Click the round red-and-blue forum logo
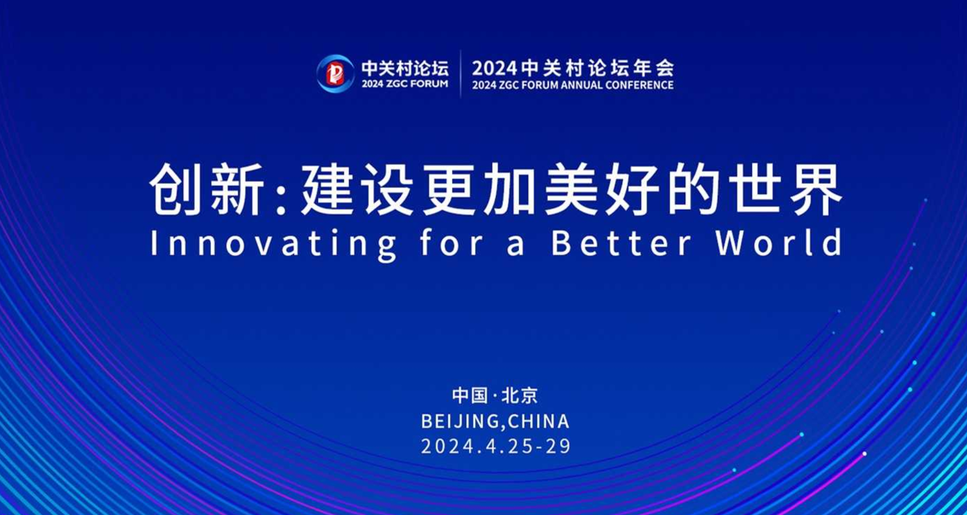click(x=336, y=73)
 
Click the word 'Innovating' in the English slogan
click(x=273, y=244)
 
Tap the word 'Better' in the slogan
click(x=622, y=243)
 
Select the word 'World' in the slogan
click(x=779, y=242)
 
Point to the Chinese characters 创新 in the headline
click(x=206, y=189)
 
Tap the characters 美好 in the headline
click(x=602, y=189)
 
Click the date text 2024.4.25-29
click(x=496, y=447)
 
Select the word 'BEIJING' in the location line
click(x=460, y=421)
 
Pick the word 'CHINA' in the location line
click(x=539, y=421)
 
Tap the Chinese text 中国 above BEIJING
click(x=470, y=395)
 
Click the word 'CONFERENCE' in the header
click(x=639, y=85)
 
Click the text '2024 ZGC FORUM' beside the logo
click(x=405, y=84)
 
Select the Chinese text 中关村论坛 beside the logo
click(x=405, y=68)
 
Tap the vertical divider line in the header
click(x=460, y=74)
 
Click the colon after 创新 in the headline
click(x=281, y=199)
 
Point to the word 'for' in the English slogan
click(x=451, y=242)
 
